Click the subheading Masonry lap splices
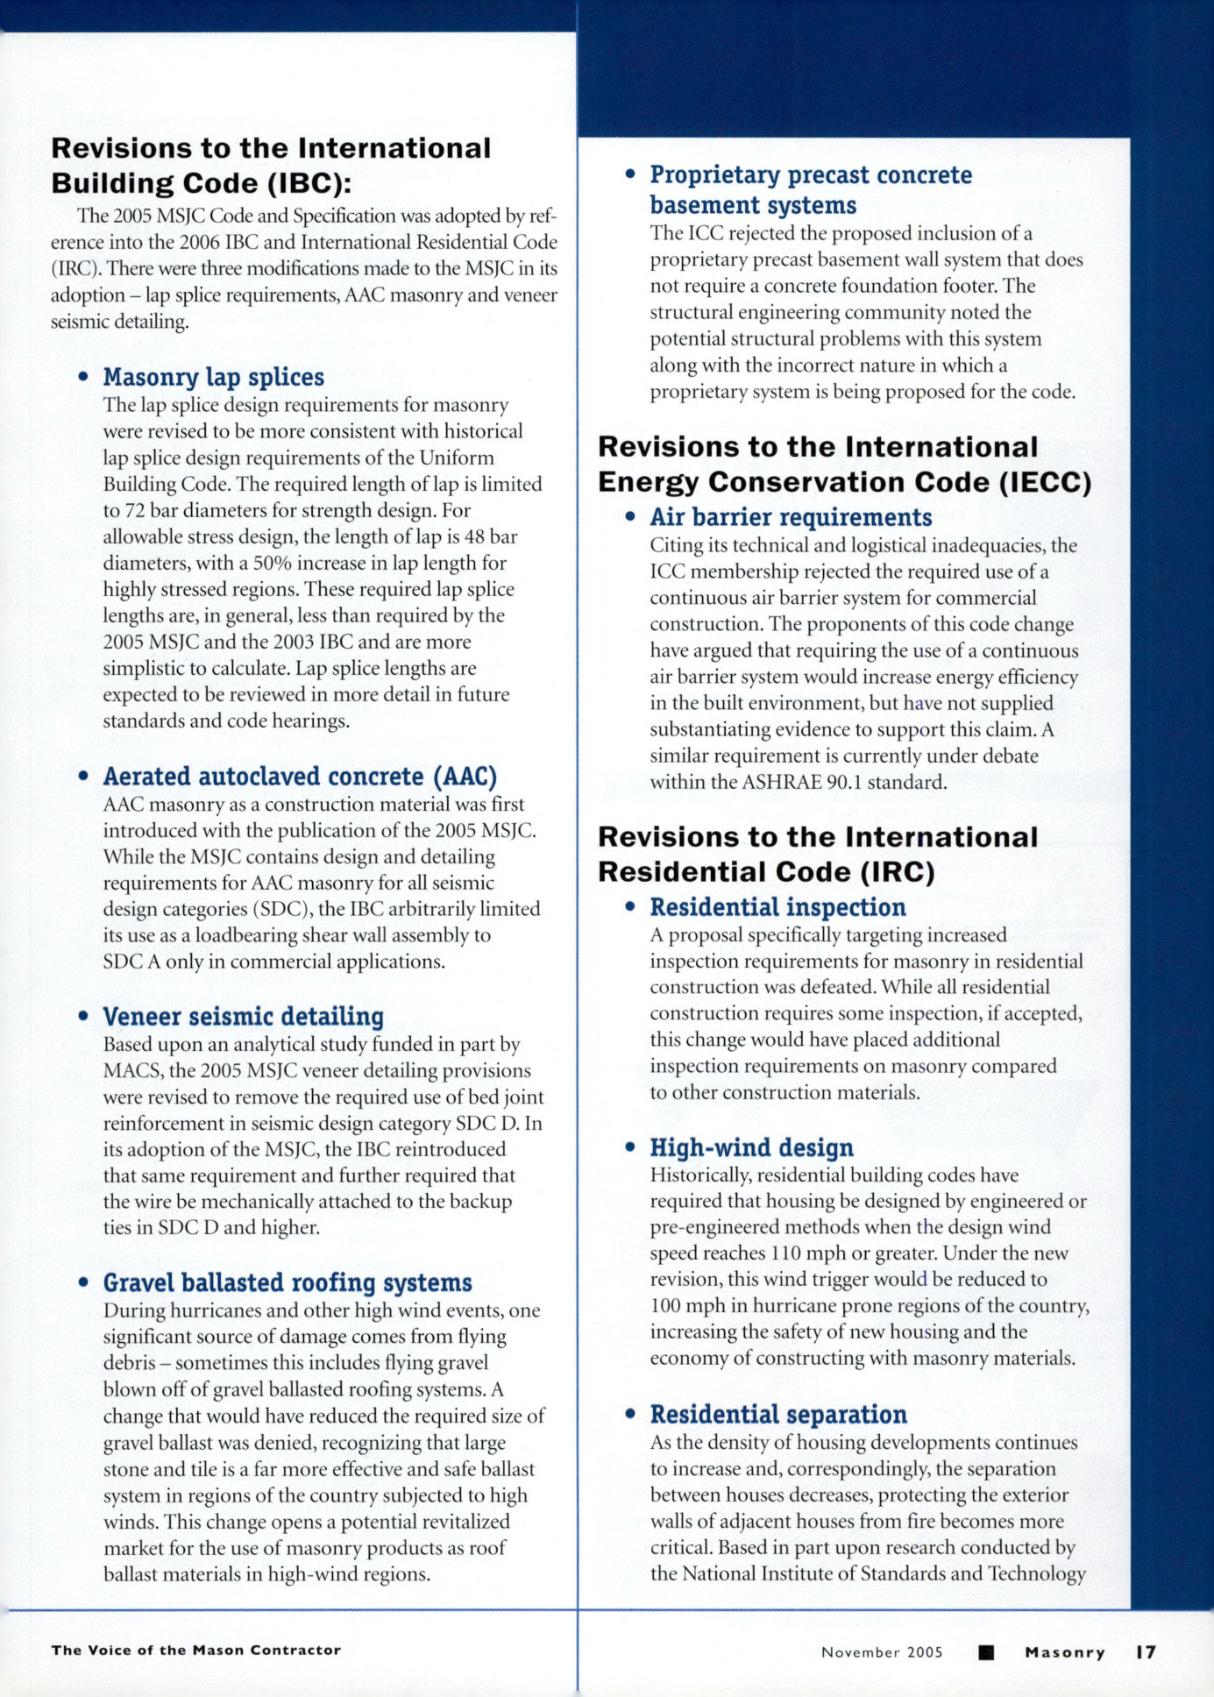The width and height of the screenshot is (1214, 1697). coord(213,377)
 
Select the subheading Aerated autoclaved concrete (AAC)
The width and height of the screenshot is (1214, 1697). coord(300,777)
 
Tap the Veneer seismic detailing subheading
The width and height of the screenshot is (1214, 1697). coord(243,1017)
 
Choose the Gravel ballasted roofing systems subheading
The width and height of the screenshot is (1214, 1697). coord(288,1283)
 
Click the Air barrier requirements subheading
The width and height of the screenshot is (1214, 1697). coord(791,517)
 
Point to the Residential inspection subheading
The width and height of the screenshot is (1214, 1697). coord(777,907)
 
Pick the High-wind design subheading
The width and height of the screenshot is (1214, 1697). coord(751,1147)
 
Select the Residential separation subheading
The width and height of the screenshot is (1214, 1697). coord(778,1415)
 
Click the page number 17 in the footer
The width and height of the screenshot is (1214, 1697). coord(1146,1652)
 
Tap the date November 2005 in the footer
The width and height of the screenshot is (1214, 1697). coord(882,1652)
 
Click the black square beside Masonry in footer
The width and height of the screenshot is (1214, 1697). coord(986,1652)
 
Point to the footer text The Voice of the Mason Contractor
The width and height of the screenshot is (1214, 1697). coord(195,1650)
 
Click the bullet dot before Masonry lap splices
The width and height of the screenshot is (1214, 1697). coord(83,377)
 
